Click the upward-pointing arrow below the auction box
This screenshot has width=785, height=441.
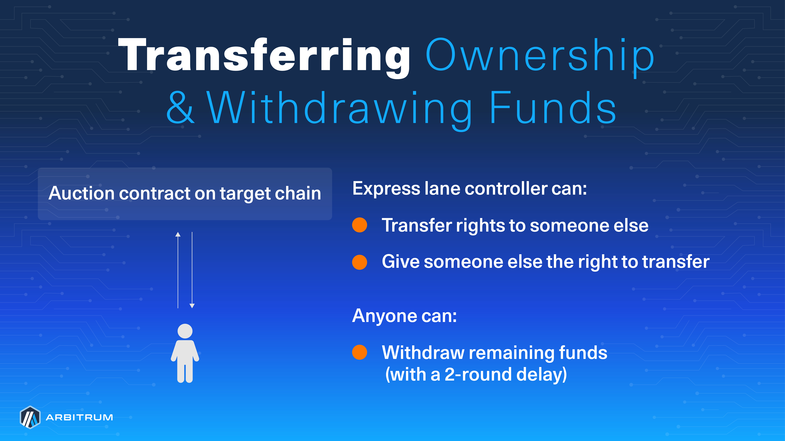(178, 268)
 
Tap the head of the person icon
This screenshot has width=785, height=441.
(185, 331)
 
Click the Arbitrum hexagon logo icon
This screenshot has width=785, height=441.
(30, 417)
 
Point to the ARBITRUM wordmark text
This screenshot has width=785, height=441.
(79, 417)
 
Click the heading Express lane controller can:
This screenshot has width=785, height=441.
(469, 188)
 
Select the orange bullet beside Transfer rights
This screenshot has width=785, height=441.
(360, 225)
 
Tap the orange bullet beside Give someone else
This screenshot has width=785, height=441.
(360, 262)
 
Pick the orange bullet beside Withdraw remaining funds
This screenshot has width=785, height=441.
(360, 352)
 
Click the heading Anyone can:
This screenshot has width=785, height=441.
(404, 316)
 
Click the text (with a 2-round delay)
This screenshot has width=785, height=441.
(476, 374)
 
